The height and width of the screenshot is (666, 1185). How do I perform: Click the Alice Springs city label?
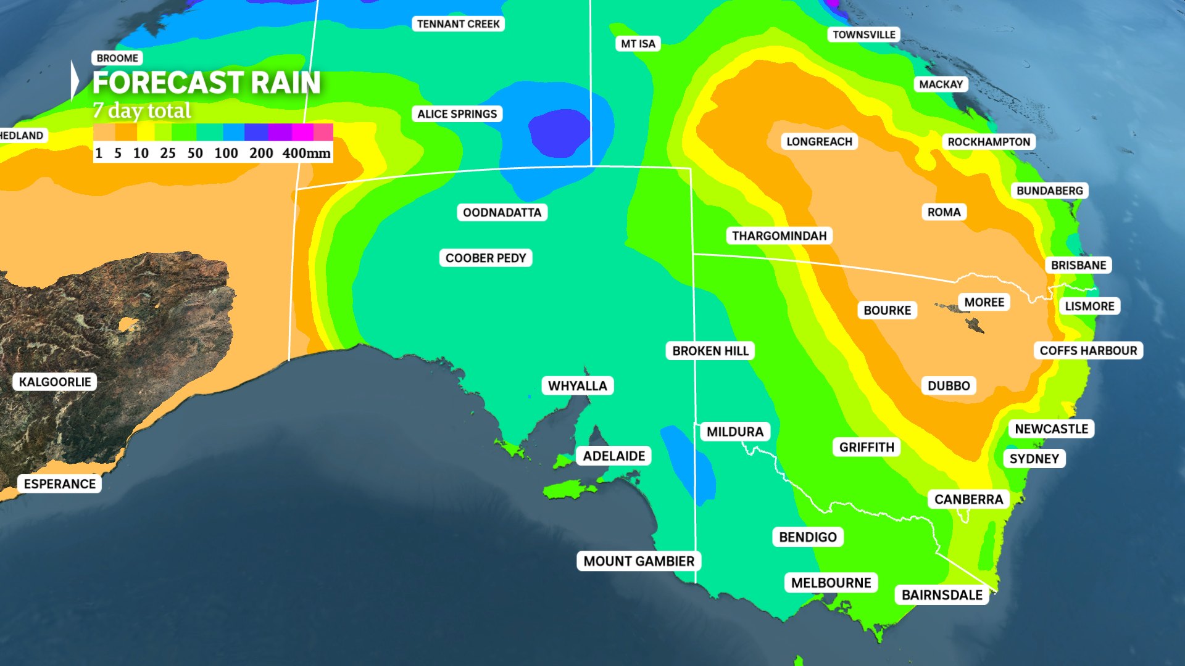pyautogui.click(x=457, y=114)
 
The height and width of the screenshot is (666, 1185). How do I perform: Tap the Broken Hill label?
pyautogui.click(x=710, y=351)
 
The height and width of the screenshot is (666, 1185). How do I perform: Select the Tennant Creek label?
pyautogui.click(x=458, y=24)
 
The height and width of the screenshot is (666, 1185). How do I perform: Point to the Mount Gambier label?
pyautogui.click(x=639, y=561)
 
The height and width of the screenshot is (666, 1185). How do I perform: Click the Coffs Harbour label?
pyautogui.click(x=1087, y=351)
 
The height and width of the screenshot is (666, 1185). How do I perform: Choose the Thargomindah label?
pyautogui.click(x=779, y=236)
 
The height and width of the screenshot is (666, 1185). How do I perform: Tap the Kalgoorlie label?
pyautogui.click(x=55, y=382)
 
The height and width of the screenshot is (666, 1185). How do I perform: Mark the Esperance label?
pyautogui.click(x=60, y=484)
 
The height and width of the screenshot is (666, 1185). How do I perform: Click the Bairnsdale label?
pyautogui.click(x=942, y=595)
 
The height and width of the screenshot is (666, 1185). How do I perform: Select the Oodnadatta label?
pyautogui.click(x=502, y=213)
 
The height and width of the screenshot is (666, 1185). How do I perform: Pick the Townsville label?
pyautogui.click(x=863, y=35)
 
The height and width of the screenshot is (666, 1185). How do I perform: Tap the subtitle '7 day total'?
pyautogui.click(x=142, y=110)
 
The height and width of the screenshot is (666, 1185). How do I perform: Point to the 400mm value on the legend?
pyautogui.click(x=306, y=153)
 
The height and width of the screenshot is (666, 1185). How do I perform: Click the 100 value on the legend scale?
pyautogui.click(x=226, y=153)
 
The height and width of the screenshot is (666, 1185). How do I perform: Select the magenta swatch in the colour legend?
pyautogui.click(x=302, y=132)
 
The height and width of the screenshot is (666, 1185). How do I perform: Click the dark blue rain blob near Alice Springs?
pyautogui.click(x=559, y=131)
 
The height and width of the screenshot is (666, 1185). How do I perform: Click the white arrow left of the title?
pyautogui.click(x=75, y=81)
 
